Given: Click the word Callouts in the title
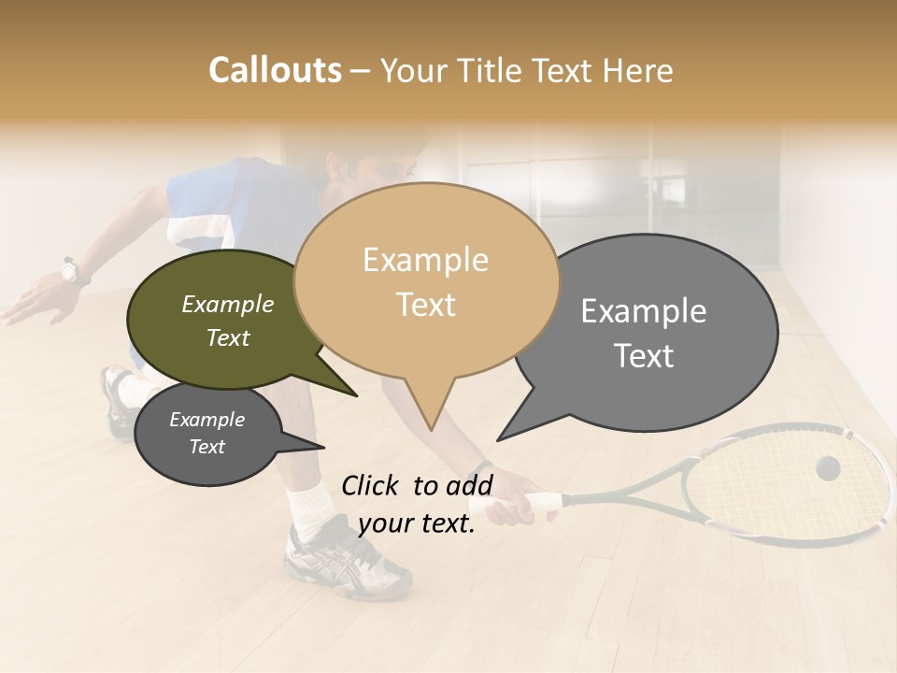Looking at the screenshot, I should [275, 70].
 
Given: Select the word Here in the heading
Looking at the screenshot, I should [638, 70].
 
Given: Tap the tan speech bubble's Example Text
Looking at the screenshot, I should [426, 281].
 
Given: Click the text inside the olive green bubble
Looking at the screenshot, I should [227, 321].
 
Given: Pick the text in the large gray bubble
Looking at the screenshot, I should [644, 332].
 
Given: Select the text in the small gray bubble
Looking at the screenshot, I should [206, 433].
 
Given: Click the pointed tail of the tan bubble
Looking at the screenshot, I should [429, 411].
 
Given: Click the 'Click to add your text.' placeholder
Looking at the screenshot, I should [417, 504].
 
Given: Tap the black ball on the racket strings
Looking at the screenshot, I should [827, 468].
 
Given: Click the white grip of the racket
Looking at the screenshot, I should [537, 503].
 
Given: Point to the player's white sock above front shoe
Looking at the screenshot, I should [308, 506].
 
